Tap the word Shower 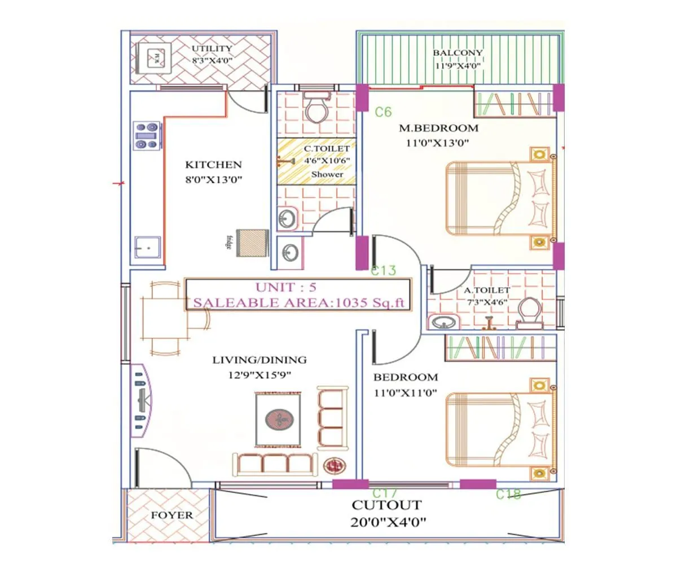click(x=327, y=174)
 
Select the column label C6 click(x=383, y=112)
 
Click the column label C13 click(x=384, y=271)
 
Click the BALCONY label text click(x=458, y=53)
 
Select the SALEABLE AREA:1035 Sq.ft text click(x=299, y=303)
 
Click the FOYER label click(x=172, y=515)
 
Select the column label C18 click(x=508, y=495)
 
